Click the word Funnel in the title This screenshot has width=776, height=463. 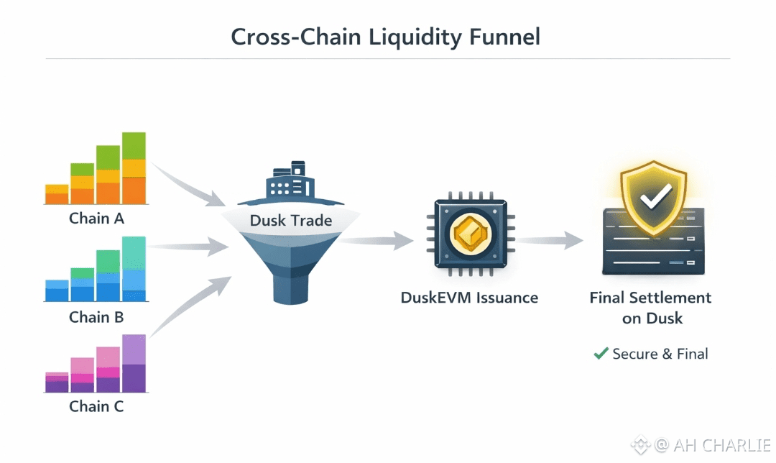[x=504, y=37]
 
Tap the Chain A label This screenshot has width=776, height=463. [x=96, y=218]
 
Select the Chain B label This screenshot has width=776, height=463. [x=96, y=316]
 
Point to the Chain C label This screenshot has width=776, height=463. [x=96, y=406]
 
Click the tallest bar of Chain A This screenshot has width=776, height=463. [x=134, y=169]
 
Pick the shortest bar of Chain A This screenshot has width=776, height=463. [x=57, y=195]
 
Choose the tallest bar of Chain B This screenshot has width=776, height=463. [x=134, y=268]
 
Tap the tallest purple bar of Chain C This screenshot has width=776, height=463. [x=134, y=363]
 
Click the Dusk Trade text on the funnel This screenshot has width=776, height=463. [x=291, y=221]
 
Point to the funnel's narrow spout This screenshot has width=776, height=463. [x=291, y=288]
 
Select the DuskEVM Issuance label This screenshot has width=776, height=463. [x=469, y=298]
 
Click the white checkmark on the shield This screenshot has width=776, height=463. [x=655, y=195]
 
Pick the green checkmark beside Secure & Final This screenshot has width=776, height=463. [x=601, y=353]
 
